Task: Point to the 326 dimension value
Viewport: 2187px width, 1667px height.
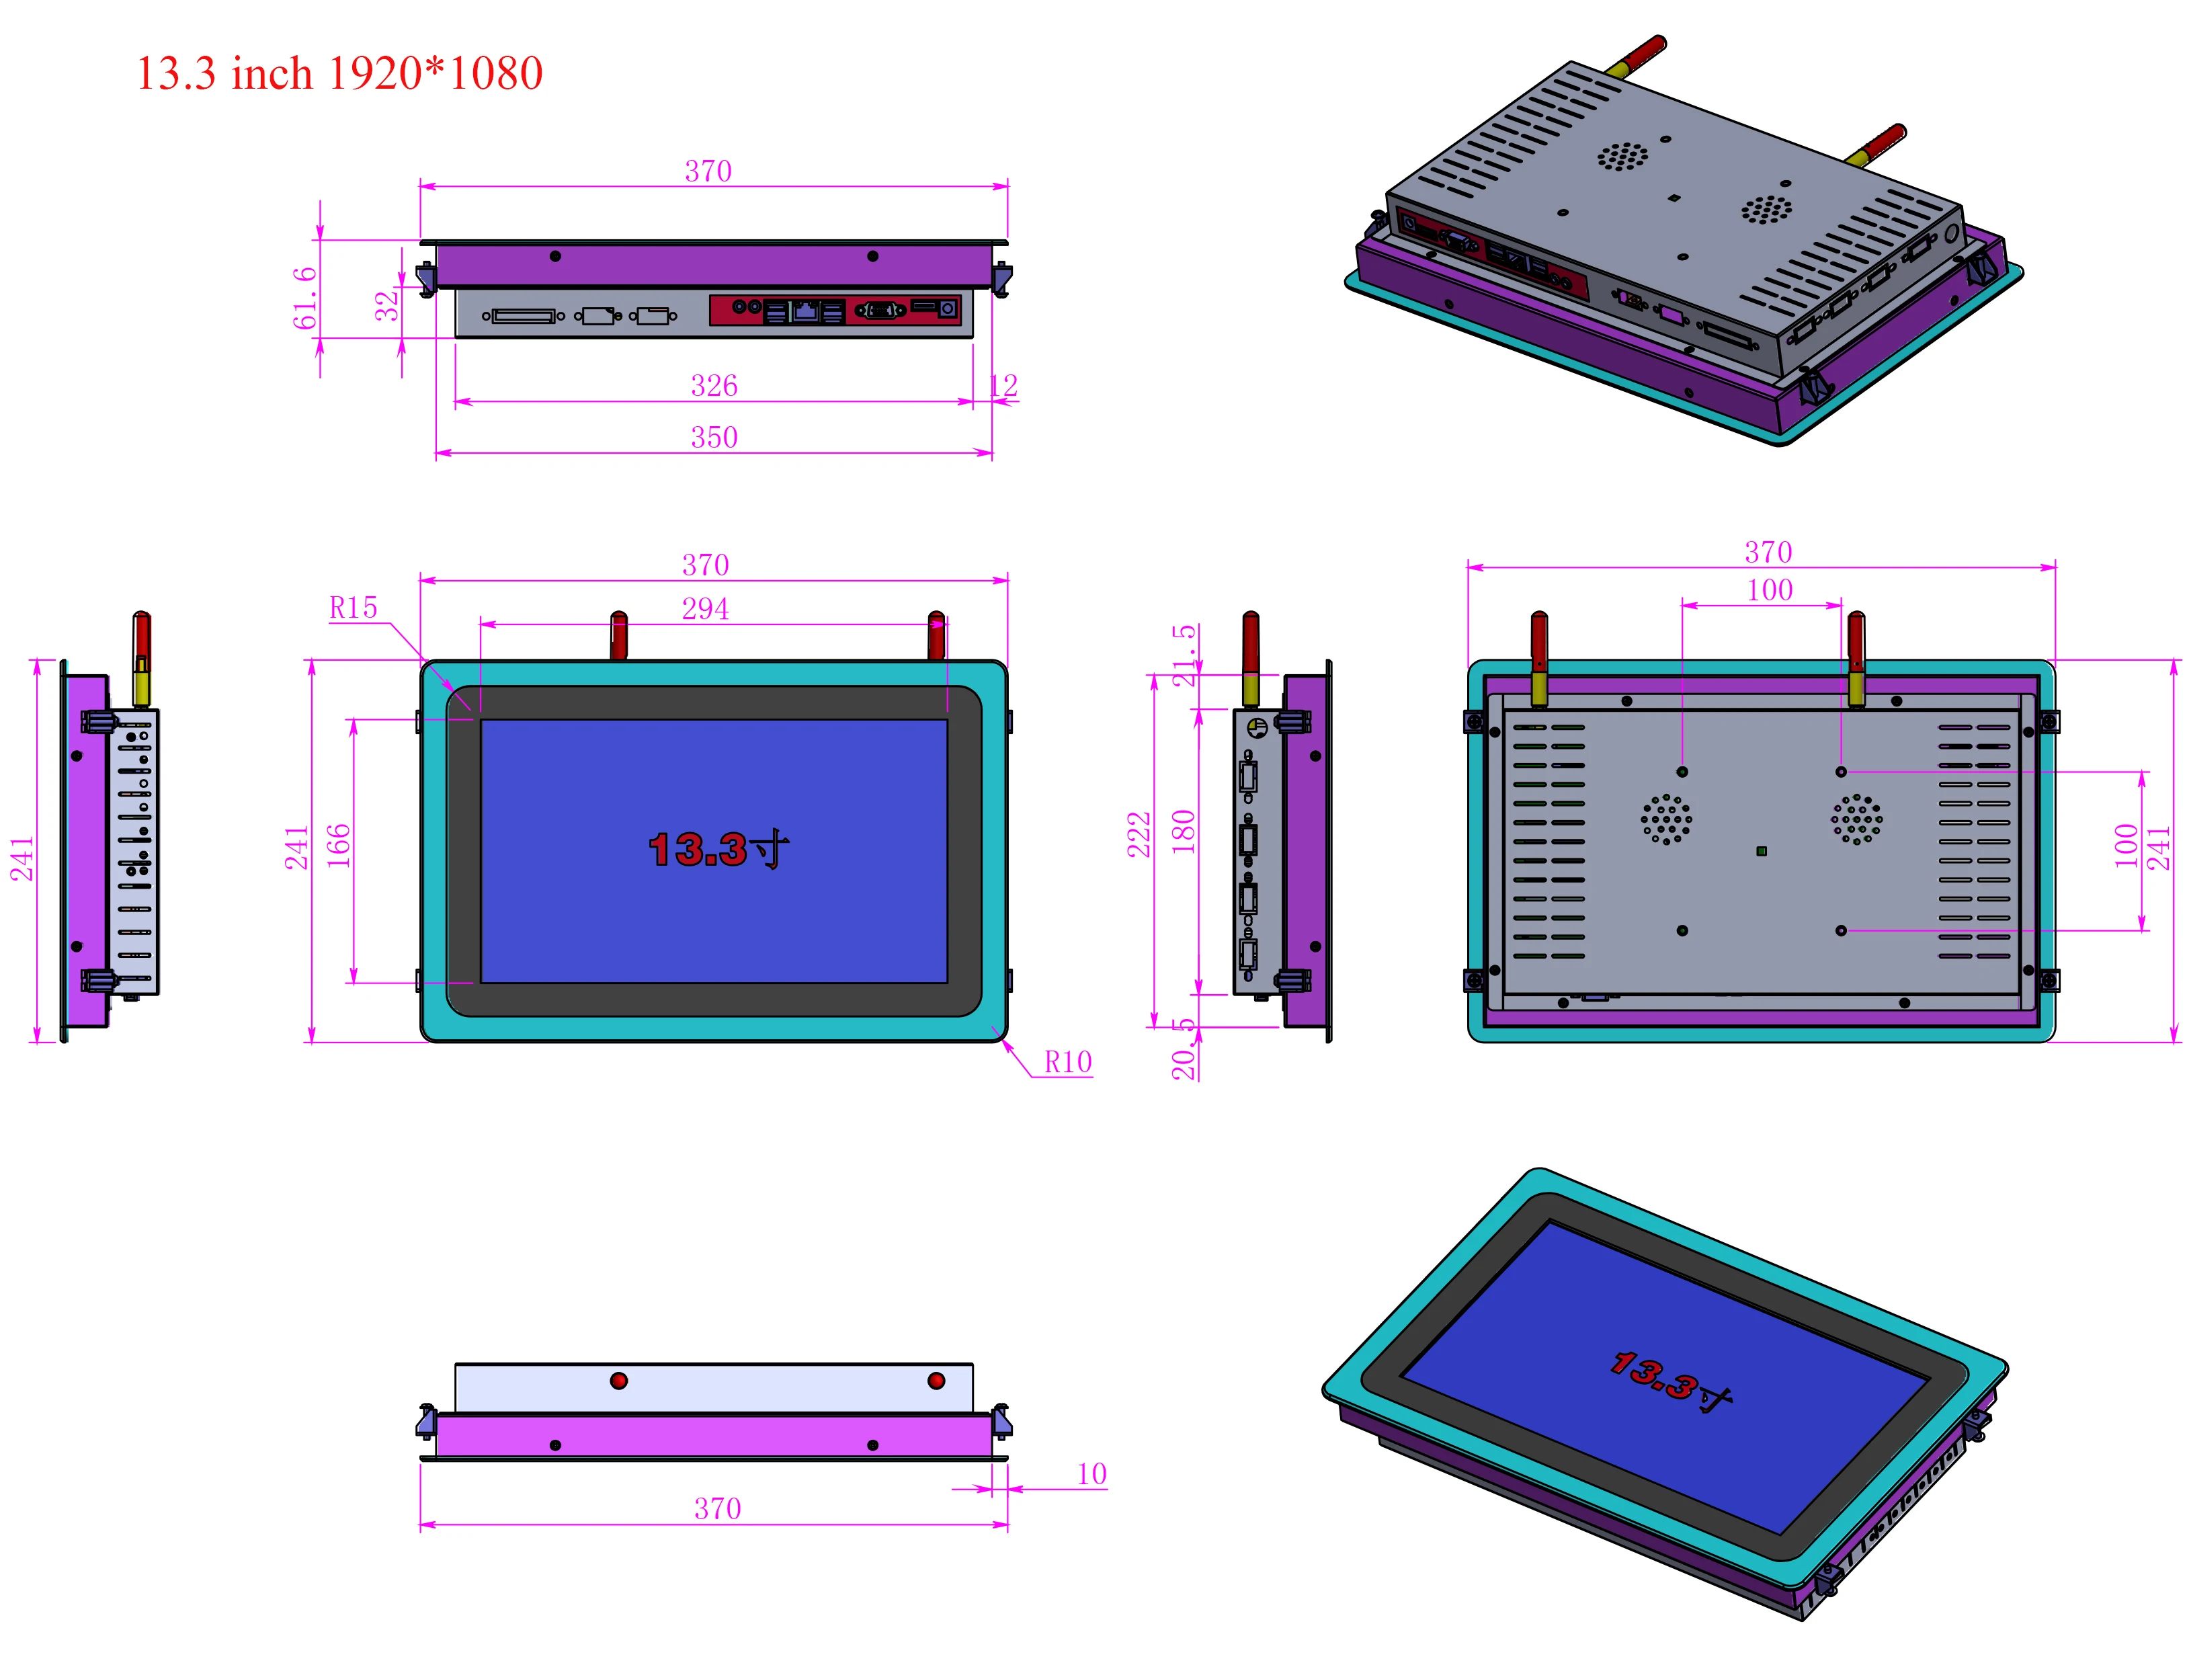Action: pos(714,385)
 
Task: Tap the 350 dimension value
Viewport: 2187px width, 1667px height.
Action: pos(714,437)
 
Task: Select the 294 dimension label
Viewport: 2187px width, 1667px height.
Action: pos(704,608)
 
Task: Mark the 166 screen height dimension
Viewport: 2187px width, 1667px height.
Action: pos(338,846)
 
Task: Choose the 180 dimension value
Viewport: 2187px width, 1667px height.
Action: pos(1183,831)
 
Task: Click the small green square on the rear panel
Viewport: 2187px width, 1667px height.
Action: pos(1760,850)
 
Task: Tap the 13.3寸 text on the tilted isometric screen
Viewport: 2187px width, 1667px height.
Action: pos(1670,1379)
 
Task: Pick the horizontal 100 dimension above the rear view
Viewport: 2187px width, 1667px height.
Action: pos(1769,590)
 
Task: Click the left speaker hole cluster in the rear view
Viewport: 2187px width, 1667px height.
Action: pos(1666,819)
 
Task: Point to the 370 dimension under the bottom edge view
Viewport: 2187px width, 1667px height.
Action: pos(716,1508)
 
